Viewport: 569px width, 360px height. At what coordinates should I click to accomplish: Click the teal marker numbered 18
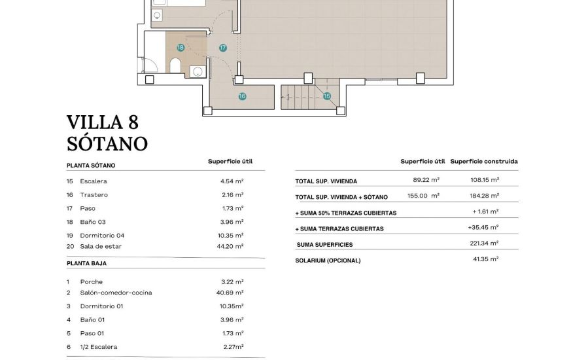coord(180,47)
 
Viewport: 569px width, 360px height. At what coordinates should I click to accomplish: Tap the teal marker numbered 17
coord(222,47)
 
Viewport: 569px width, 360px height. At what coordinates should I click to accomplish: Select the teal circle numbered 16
coord(242,96)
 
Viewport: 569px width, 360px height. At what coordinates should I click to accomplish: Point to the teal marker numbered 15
coord(326,96)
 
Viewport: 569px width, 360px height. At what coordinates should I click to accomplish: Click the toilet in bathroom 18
coord(175,65)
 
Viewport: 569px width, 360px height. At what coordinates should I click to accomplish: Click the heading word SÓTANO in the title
coord(107,143)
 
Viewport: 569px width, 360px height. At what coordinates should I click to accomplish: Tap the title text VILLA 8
coord(103,122)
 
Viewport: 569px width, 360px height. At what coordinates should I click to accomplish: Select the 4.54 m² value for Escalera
coord(232,181)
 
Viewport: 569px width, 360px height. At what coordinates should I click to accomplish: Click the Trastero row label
coord(94,195)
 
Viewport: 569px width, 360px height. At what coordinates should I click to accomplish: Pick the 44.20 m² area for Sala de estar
coord(230,246)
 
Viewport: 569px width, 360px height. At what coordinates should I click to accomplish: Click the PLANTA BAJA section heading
coord(86,263)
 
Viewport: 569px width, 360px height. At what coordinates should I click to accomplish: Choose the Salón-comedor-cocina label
coord(116,293)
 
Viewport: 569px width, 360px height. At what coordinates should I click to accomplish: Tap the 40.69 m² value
coord(230,293)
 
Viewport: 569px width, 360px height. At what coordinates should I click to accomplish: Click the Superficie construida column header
coord(484,161)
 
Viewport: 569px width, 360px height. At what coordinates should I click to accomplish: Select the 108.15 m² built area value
coord(485,179)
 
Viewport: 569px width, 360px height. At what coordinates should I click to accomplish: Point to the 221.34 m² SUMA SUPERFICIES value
coord(485,243)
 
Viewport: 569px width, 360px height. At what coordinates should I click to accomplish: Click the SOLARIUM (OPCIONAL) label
coord(328,261)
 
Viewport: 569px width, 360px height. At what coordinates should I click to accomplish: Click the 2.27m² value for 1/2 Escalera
coord(232,347)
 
